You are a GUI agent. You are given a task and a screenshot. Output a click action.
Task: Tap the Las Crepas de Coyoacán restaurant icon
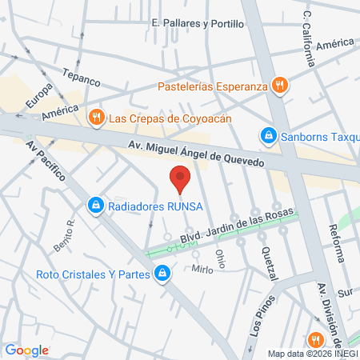[96, 118]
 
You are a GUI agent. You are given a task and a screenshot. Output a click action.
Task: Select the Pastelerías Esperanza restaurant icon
[279, 86]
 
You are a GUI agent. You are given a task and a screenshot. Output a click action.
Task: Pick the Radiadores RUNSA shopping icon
[96, 206]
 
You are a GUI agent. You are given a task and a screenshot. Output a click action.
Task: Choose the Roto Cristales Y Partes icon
[163, 274]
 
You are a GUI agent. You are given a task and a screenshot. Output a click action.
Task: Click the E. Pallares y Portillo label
[198, 23]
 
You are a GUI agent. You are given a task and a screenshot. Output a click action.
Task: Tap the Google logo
[26, 350]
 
